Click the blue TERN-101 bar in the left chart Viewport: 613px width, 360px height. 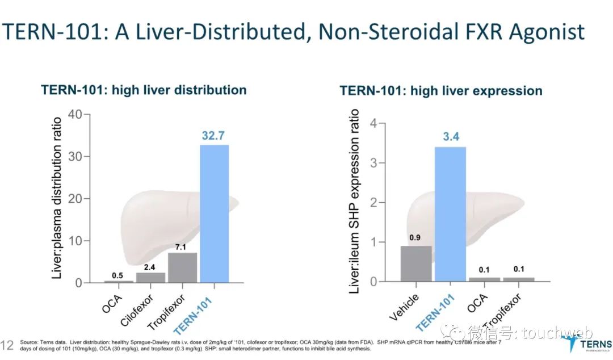215,214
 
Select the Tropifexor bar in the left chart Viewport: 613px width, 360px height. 182,267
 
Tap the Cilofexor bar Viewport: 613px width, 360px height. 151,277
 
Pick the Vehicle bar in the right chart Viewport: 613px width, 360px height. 416,263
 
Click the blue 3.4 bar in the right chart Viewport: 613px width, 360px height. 450,214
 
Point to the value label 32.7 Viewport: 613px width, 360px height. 215,136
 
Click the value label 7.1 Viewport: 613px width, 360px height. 182,246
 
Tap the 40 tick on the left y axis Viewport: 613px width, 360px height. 75,114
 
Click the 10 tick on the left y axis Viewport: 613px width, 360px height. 75,241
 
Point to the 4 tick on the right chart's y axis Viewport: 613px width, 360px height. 373,123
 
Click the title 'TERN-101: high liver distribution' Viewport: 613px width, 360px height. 144,90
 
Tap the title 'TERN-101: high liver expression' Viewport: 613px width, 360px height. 441,91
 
